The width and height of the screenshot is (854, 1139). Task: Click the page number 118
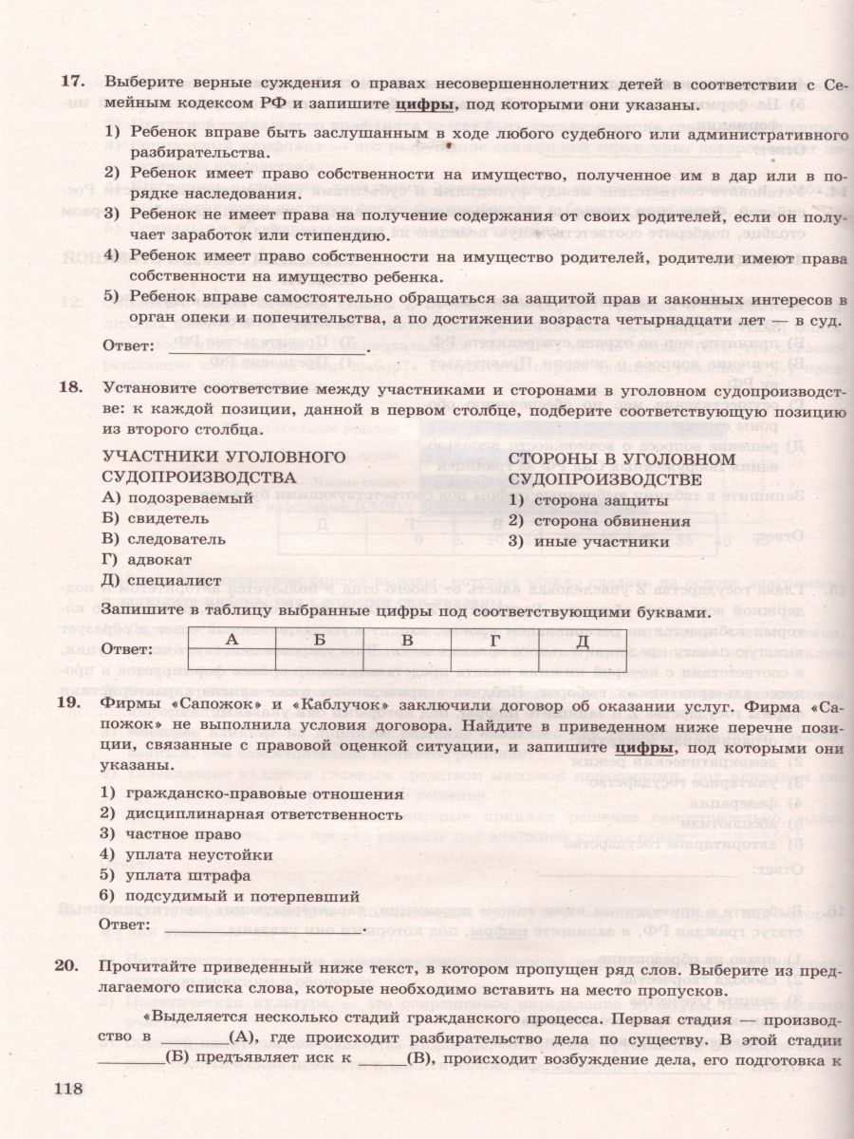(x=72, y=1089)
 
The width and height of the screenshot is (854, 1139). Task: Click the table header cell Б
(x=319, y=641)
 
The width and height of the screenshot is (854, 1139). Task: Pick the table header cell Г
(x=494, y=641)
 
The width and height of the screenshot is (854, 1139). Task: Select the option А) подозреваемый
(x=176, y=497)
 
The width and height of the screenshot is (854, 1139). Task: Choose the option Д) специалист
(x=160, y=581)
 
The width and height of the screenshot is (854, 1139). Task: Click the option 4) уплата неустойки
(x=186, y=854)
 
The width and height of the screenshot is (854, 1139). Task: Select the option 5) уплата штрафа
(x=176, y=875)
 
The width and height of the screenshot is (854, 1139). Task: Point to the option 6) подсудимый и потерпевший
(x=229, y=896)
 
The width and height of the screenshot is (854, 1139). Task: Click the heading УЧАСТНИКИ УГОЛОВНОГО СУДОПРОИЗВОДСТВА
(x=221, y=466)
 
